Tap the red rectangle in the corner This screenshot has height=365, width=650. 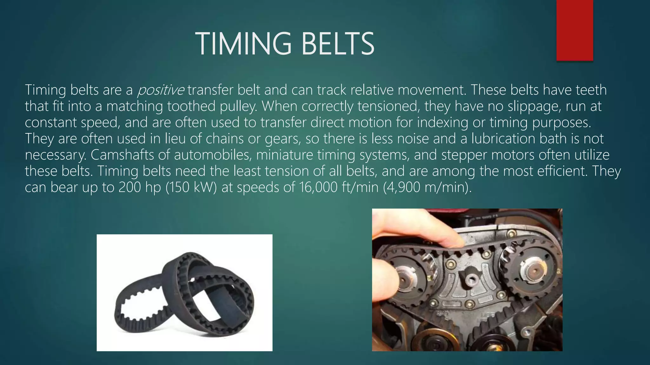pyautogui.click(x=574, y=30)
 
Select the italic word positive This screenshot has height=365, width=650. pyautogui.click(x=160, y=90)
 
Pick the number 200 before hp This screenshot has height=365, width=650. pyautogui.click(x=130, y=187)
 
